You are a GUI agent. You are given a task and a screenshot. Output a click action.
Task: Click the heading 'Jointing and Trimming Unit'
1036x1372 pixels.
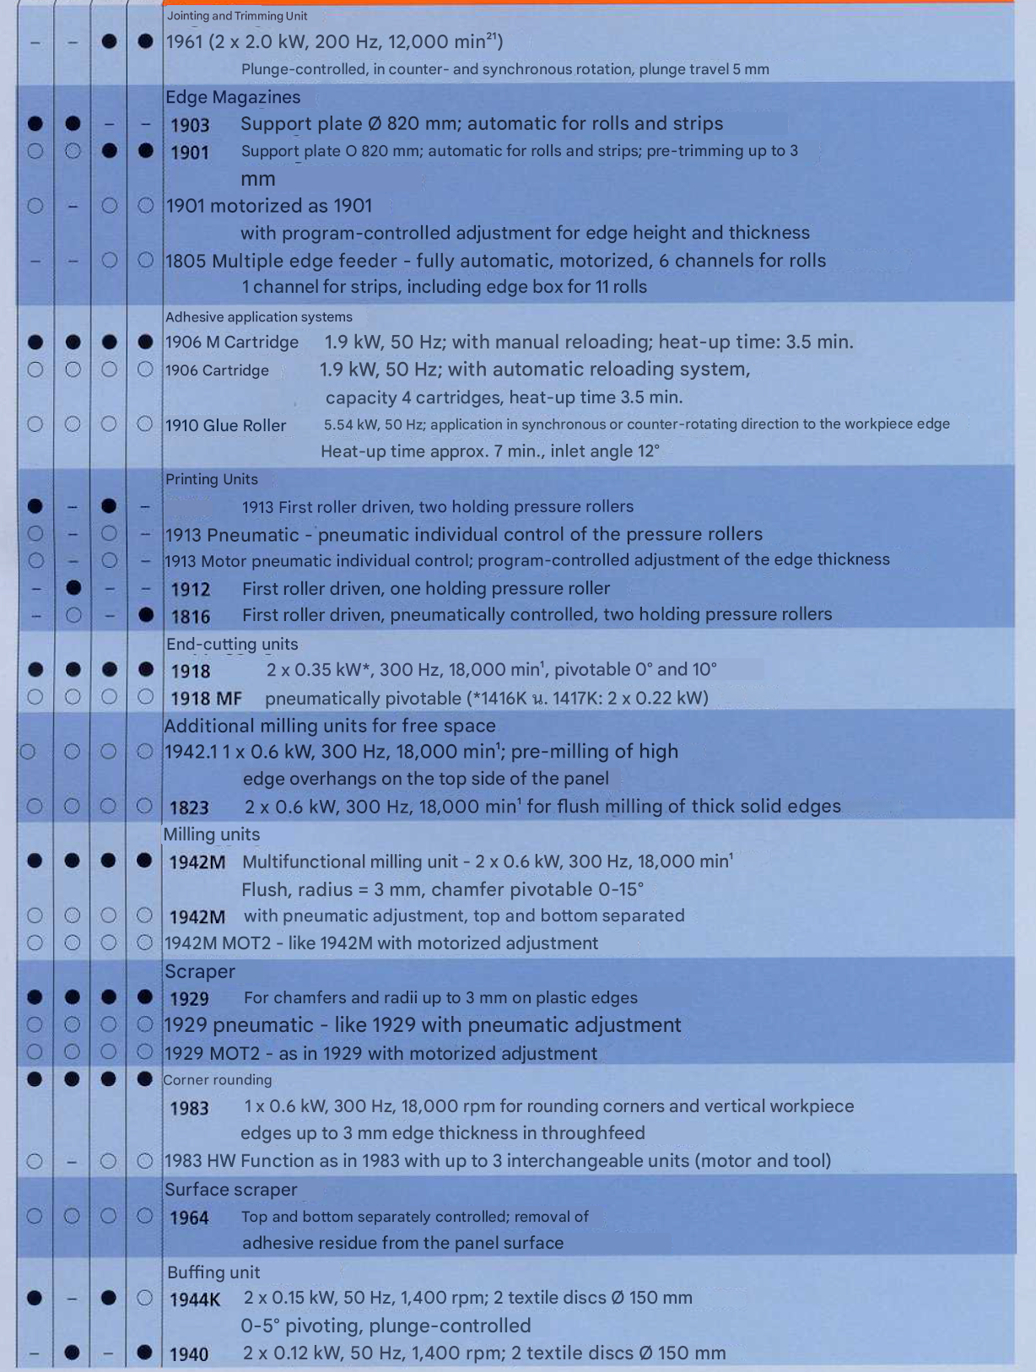point(236,16)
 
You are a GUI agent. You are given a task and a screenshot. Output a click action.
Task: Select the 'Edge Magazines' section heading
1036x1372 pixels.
point(233,97)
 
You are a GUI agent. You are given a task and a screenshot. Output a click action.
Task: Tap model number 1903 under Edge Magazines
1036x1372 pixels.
point(190,126)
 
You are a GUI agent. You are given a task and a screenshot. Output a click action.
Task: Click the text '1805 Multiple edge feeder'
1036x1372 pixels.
point(281,261)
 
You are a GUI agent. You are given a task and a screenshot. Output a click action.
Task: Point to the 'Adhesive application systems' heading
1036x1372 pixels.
point(259,317)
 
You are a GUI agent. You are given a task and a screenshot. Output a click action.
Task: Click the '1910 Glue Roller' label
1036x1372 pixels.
point(226,425)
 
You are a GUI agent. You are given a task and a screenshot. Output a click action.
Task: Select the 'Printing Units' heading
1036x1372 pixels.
point(212,479)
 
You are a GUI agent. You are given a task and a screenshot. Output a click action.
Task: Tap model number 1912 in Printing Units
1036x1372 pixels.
point(190,589)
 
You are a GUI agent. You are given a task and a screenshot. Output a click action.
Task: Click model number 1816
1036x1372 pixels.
point(190,617)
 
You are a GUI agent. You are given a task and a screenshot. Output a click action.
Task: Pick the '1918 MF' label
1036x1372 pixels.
point(206,699)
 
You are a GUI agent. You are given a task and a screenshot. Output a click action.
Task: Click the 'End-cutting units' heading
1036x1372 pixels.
point(232,644)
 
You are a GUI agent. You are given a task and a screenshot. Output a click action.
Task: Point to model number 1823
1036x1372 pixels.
point(189,808)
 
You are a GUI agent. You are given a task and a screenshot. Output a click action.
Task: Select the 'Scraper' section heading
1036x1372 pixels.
point(200,971)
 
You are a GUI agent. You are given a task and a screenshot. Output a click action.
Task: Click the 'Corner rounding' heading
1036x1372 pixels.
point(218,1080)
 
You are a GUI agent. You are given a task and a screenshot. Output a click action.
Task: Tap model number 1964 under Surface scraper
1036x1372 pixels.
point(189,1218)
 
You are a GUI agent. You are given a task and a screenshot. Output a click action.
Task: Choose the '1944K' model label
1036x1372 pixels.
point(195,1299)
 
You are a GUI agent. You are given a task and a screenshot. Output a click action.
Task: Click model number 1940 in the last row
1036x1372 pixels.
point(189,1354)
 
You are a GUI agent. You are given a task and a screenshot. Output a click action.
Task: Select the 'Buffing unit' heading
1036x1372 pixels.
point(213,1272)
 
